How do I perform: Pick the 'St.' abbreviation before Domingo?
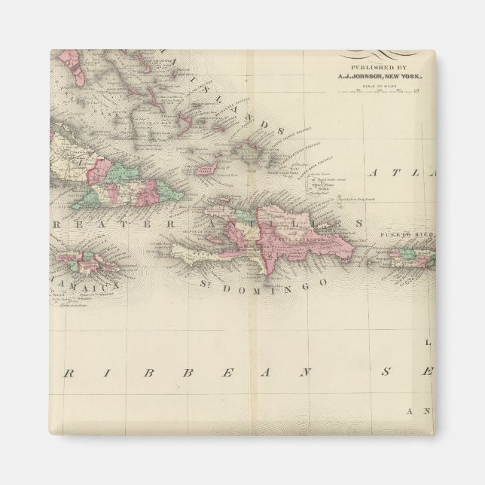tap(209, 285)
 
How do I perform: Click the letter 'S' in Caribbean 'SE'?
tap(388, 372)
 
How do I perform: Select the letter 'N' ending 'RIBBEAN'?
tap(304, 373)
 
